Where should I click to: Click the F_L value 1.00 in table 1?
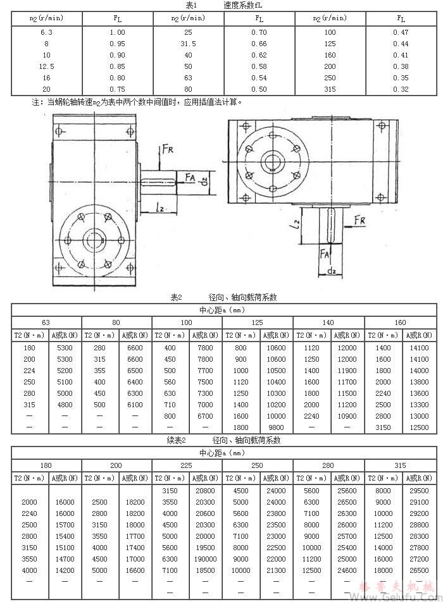117,32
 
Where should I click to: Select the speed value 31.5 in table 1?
188,44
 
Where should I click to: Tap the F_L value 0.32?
400,89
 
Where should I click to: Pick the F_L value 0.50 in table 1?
258,89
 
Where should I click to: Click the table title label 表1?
192,5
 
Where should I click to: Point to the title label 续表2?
174,440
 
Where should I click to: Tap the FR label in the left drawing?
168,149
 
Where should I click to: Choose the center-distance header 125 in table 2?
258,322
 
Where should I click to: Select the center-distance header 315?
400,465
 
